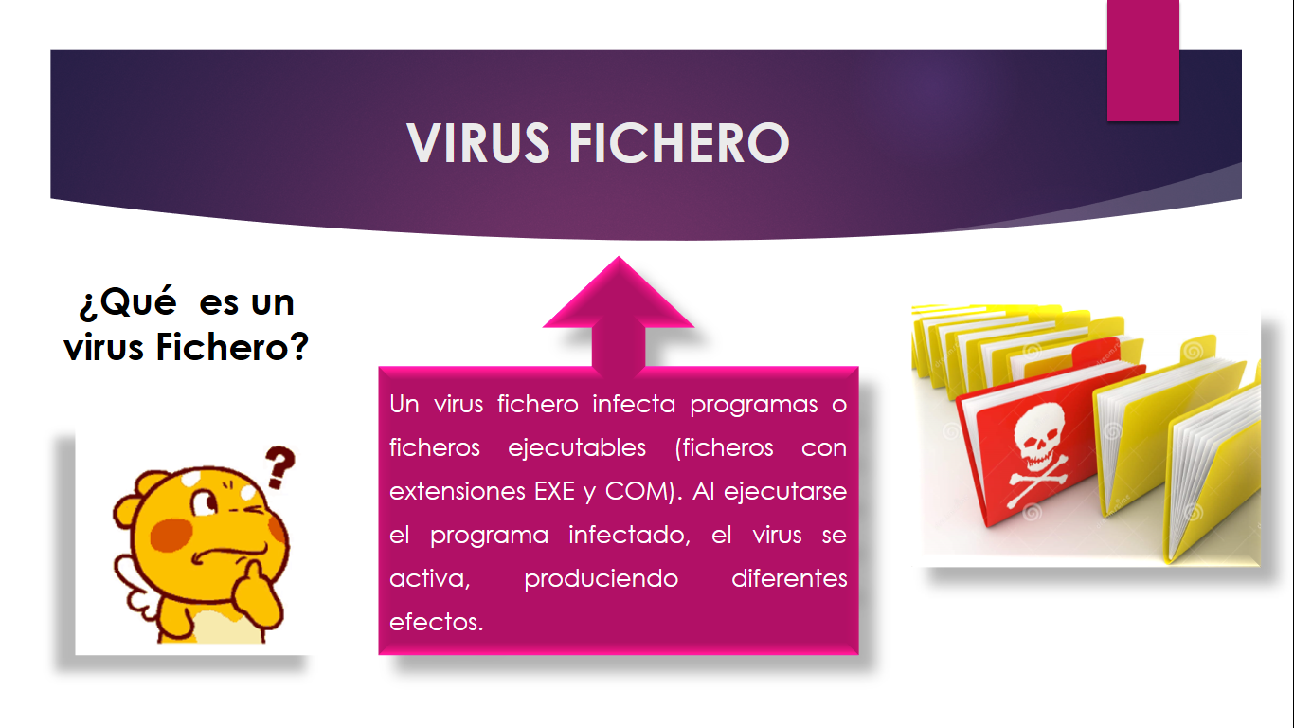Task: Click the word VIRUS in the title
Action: (x=478, y=143)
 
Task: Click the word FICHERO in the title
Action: (x=679, y=143)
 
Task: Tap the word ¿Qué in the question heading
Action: (x=128, y=301)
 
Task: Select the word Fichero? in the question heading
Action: (x=232, y=347)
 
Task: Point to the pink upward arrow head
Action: (x=619, y=294)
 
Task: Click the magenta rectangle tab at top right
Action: (x=1143, y=60)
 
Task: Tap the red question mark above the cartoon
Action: (x=279, y=467)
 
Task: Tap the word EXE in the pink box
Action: (x=554, y=492)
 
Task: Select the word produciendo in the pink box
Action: (x=601, y=579)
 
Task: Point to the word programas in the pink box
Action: (x=754, y=405)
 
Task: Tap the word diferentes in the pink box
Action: (x=789, y=578)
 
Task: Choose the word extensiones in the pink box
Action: (x=457, y=492)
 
